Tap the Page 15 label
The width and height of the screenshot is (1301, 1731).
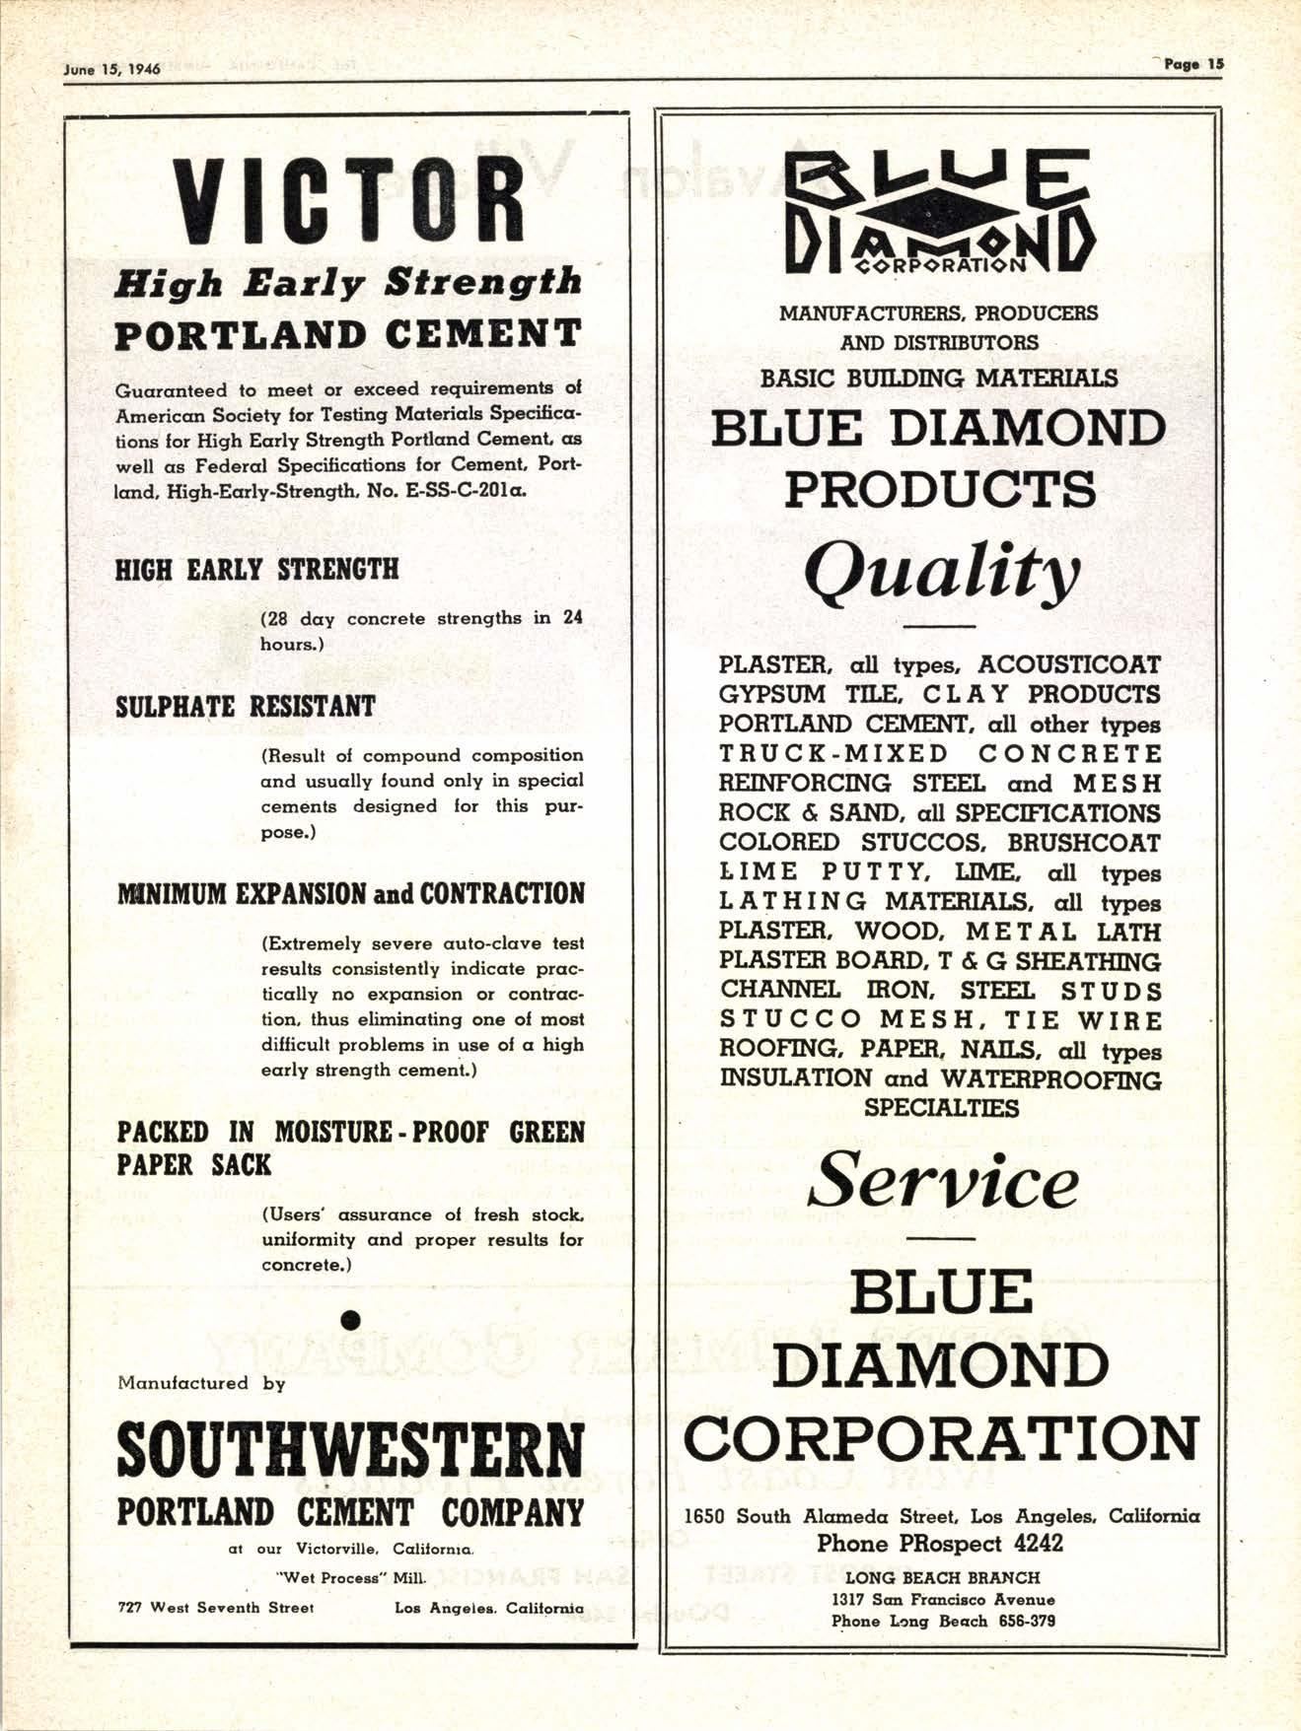[x=1193, y=64]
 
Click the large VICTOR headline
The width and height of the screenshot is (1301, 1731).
[x=348, y=200]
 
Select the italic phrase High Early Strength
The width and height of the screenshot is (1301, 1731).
[x=348, y=283]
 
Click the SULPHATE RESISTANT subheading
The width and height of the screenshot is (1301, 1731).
[x=246, y=707]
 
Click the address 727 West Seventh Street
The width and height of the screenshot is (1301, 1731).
[x=216, y=1608]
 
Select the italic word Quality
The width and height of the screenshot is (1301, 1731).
[x=940, y=573]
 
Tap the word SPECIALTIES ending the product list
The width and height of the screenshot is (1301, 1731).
[x=941, y=1108]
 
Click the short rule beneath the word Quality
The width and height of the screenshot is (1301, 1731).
[x=939, y=627]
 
